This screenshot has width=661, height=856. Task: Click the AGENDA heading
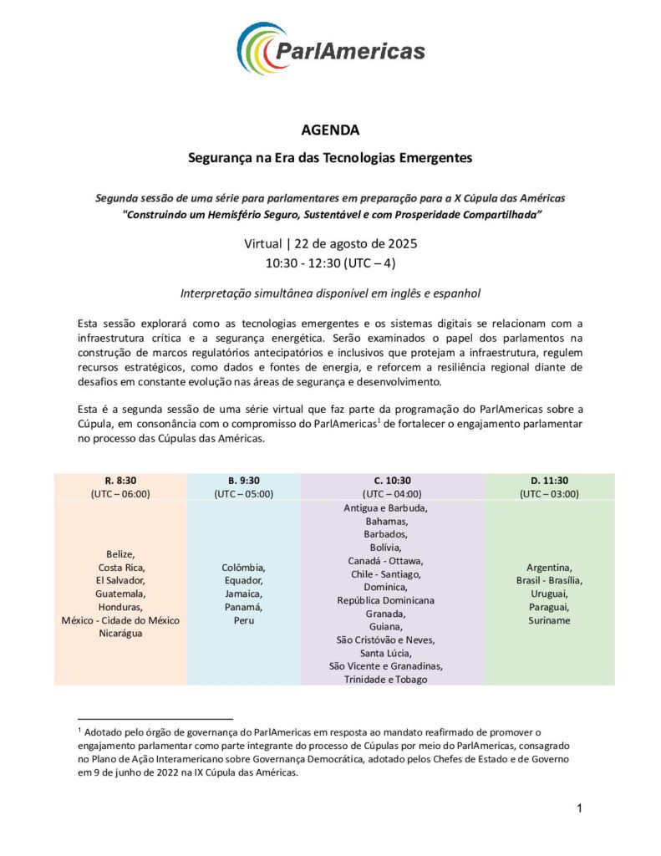point(330,130)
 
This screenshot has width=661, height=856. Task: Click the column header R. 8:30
point(120,481)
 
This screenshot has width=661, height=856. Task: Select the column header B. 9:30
point(244,481)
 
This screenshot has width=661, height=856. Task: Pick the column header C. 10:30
point(392,481)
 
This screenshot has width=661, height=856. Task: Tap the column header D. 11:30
point(549,481)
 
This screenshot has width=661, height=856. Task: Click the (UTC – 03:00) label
point(549,494)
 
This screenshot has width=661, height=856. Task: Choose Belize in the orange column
point(120,554)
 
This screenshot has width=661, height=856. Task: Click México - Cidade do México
point(120,620)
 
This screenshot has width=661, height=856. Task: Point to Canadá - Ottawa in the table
point(385,560)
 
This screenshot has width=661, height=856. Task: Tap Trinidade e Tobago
point(385,679)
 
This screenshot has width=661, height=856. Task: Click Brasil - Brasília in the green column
point(549,580)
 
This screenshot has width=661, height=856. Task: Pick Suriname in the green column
point(549,620)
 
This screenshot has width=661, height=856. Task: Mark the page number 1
point(578,808)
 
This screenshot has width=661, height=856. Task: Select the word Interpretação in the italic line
point(216,293)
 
